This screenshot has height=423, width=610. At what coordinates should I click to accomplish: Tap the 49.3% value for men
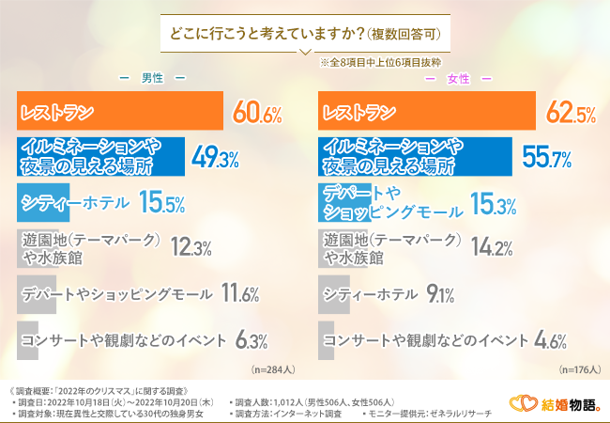(218, 158)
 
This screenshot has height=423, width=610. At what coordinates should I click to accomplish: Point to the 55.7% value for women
(546, 158)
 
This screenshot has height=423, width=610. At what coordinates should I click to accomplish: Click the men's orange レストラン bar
(120, 114)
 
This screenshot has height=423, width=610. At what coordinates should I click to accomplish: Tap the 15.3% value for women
(492, 202)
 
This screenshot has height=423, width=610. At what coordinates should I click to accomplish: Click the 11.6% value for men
(238, 293)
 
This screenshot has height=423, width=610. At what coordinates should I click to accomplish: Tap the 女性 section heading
(457, 77)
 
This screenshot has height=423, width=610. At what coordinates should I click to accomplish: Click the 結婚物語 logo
(556, 404)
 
